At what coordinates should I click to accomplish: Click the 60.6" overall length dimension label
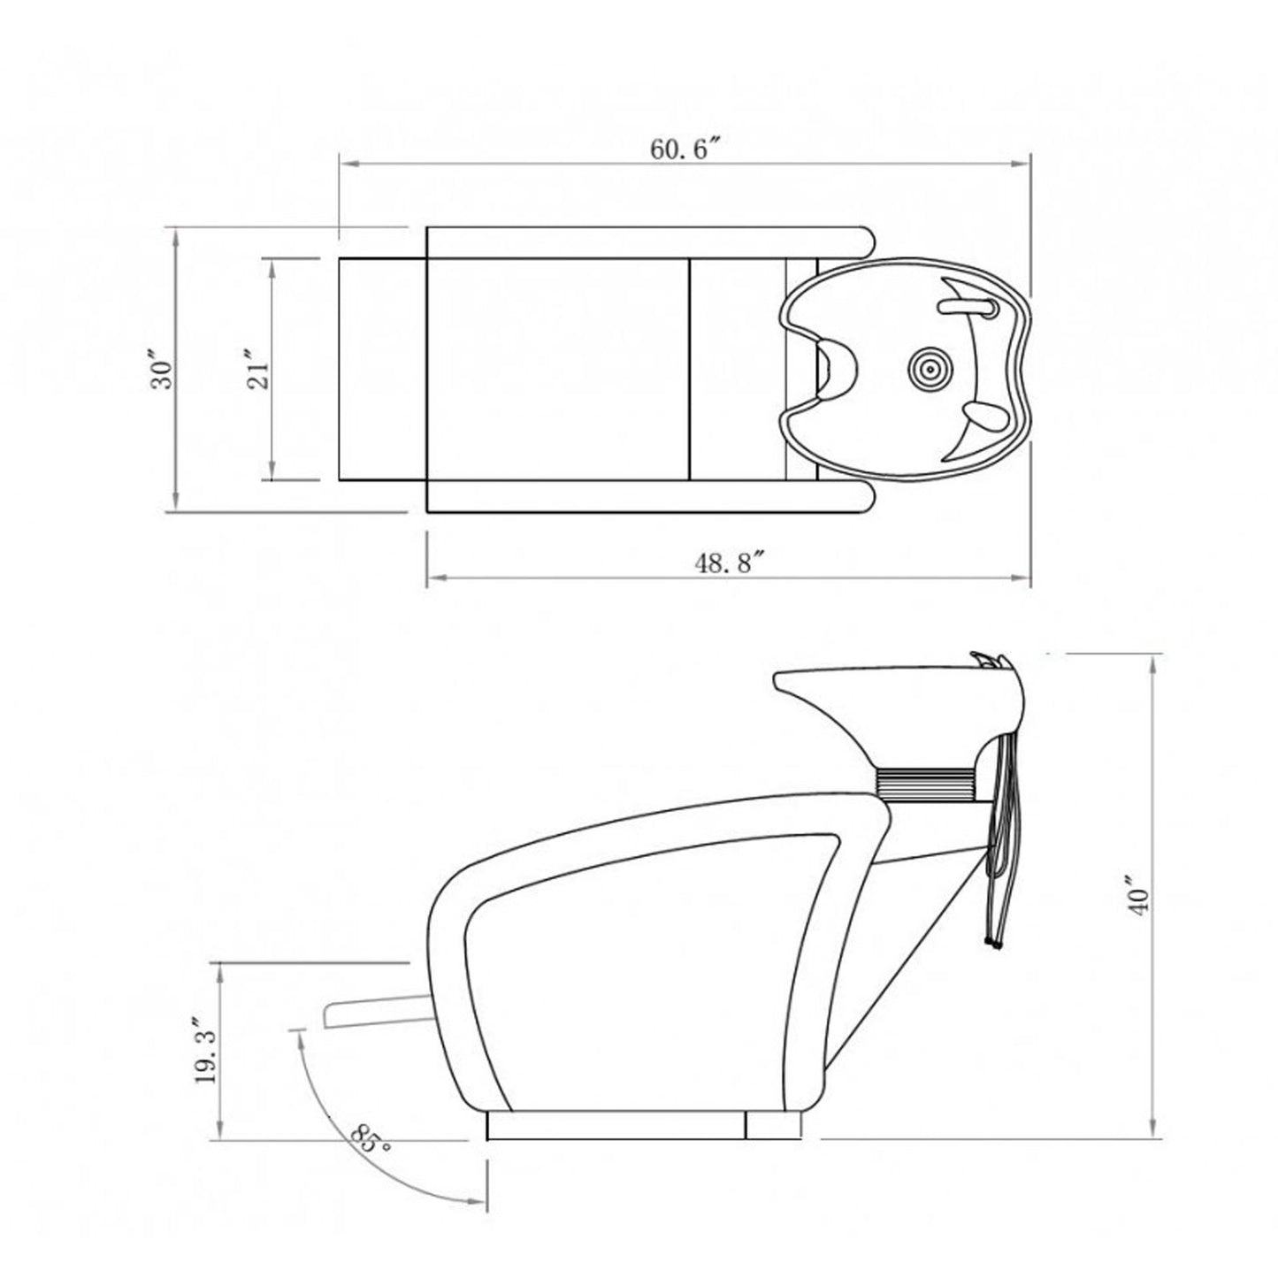coord(682,149)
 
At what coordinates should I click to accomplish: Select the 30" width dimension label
coord(162,372)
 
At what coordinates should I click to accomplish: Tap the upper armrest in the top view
coord(646,242)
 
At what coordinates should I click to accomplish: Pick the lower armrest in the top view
coord(646,496)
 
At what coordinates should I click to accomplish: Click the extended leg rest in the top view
coord(382,370)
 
